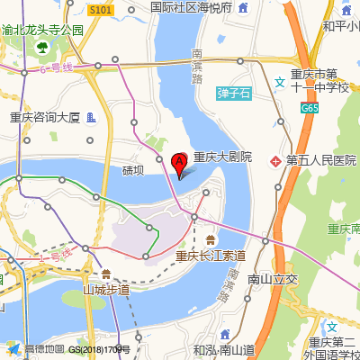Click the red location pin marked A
(179, 163)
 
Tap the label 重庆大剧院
(222, 157)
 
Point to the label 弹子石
(236, 91)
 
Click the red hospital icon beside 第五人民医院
(275, 160)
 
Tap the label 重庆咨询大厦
(45, 117)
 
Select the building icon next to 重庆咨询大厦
(91, 117)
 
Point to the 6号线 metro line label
(56, 68)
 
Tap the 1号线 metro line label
(54, 257)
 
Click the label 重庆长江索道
(211, 256)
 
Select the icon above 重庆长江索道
(210, 239)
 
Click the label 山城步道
(106, 290)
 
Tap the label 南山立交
(272, 280)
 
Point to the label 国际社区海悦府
(191, 7)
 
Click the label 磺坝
(133, 168)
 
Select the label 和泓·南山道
(223, 349)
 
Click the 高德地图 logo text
(45, 349)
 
